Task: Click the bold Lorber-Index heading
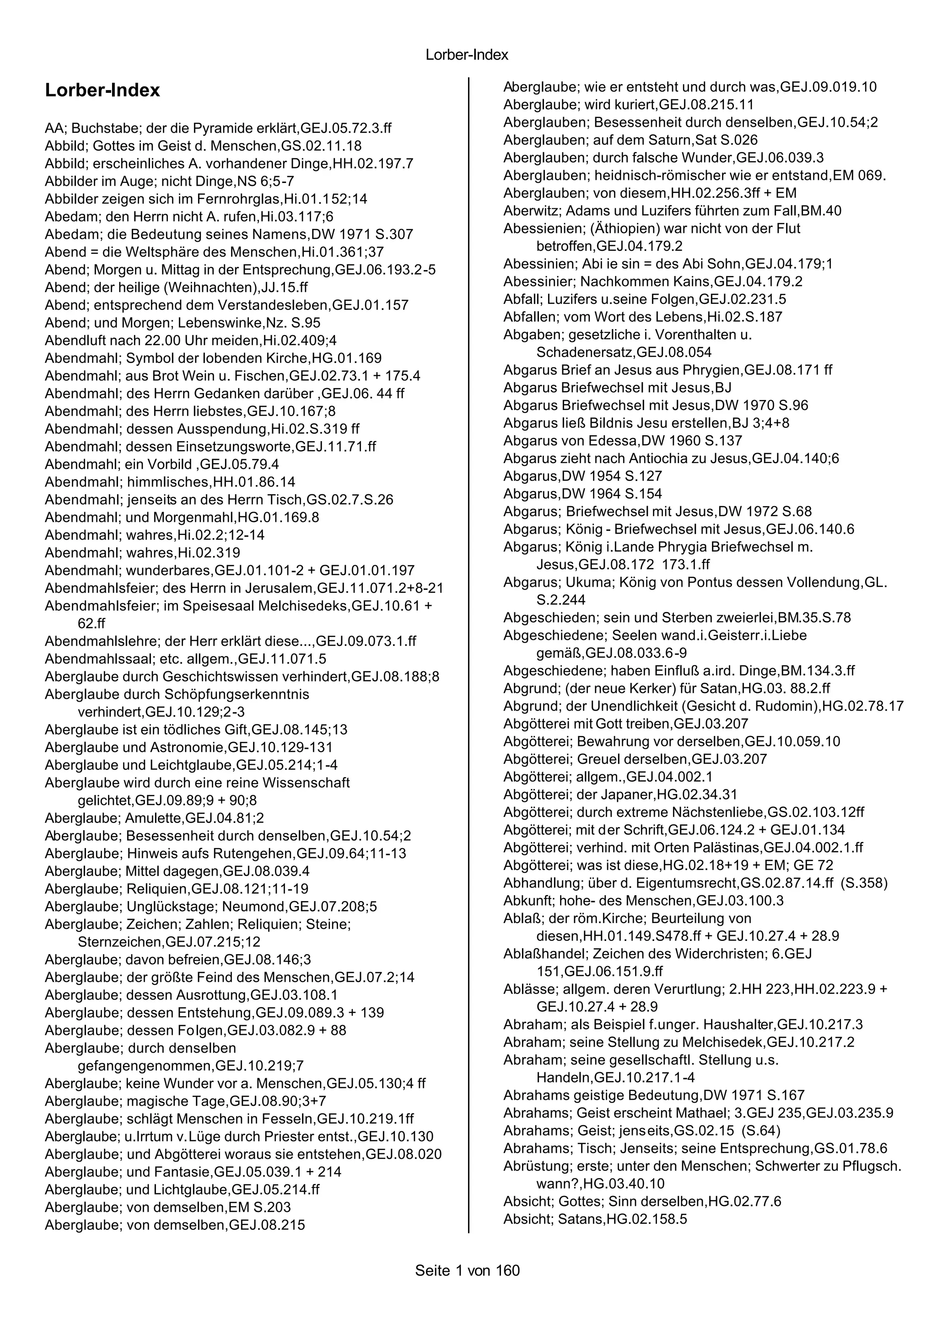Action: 102,91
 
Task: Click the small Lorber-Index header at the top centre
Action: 467,55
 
